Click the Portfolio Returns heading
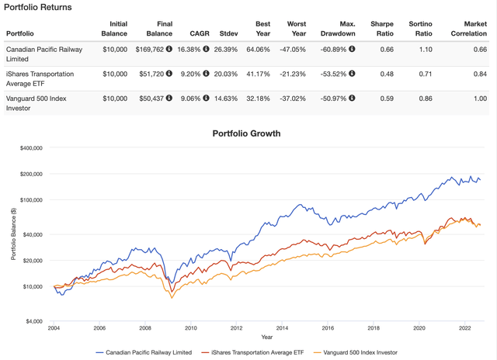tap(39, 7)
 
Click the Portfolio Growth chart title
tap(247, 133)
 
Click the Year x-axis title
tap(267, 337)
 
